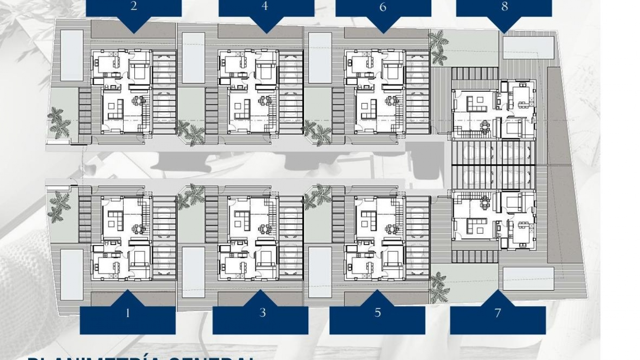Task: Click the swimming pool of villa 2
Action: click(72, 55)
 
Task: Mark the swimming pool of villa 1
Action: click(72, 274)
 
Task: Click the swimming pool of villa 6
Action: click(320, 58)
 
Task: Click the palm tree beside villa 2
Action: click(59, 121)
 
